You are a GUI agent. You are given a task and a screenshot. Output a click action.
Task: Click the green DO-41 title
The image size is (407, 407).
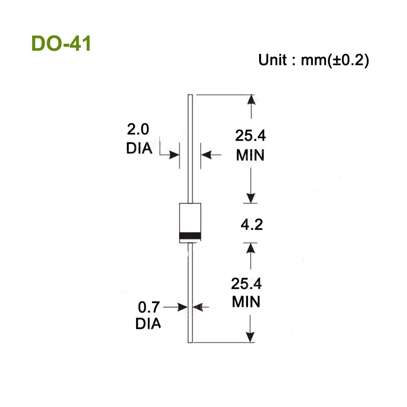point(61,44)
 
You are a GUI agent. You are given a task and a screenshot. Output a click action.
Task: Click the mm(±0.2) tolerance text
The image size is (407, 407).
point(335,61)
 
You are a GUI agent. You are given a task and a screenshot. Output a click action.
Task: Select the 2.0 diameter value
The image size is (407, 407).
point(138,129)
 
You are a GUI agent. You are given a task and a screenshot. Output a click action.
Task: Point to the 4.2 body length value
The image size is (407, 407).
point(252,225)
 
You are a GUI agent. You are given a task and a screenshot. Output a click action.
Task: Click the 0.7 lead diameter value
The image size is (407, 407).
point(149,307)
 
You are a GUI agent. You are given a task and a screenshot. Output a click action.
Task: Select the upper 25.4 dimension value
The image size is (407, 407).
point(250,136)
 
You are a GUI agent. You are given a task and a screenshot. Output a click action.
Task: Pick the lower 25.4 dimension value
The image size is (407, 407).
point(246,284)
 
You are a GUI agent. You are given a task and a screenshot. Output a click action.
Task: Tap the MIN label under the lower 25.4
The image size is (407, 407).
point(246,302)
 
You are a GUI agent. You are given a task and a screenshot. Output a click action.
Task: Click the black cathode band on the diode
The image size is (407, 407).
point(190,236)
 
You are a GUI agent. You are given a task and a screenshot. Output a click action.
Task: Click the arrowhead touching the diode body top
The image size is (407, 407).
point(251,198)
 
